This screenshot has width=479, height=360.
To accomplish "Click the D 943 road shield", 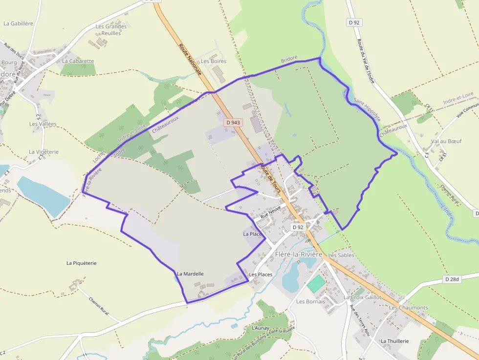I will tap(233, 123).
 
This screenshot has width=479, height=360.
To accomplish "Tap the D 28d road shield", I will tap(453, 279).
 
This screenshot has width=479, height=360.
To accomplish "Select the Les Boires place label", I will tap(214, 61).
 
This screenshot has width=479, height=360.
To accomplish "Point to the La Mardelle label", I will tap(190, 274).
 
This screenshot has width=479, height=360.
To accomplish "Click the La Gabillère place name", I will tap(18, 23).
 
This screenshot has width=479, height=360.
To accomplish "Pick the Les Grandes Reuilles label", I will tap(111, 30).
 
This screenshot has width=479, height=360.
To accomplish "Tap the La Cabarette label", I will tap(78, 61).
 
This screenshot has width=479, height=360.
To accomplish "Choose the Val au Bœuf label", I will tap(446, 141).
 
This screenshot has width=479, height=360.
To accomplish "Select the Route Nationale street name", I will tap(190, 59).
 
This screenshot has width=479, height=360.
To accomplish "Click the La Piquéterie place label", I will tap(81, 263).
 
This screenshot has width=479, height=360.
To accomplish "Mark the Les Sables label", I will tap(341, 255).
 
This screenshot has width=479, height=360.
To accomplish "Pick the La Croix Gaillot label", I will tap(362, 297).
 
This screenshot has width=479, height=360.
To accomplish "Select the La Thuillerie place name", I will tap(394, 341).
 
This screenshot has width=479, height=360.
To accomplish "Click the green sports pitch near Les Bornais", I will tap(316, 284).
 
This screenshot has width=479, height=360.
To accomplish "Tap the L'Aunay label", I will tap(261, 328).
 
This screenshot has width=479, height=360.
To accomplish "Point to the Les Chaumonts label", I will tap(409, 308).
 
